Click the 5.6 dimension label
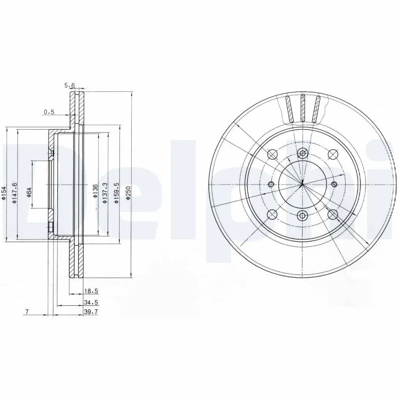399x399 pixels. point(69,86)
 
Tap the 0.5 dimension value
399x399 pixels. point(49,112)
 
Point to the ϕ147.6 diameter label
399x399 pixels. point(15,192)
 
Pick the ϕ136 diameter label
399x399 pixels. point(95,192)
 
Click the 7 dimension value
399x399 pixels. point(26,312)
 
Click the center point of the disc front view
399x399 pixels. point(302,185)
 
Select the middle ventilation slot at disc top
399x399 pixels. point(302,108)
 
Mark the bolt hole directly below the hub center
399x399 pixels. point(302,215)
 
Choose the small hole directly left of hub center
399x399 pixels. point(271,185)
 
